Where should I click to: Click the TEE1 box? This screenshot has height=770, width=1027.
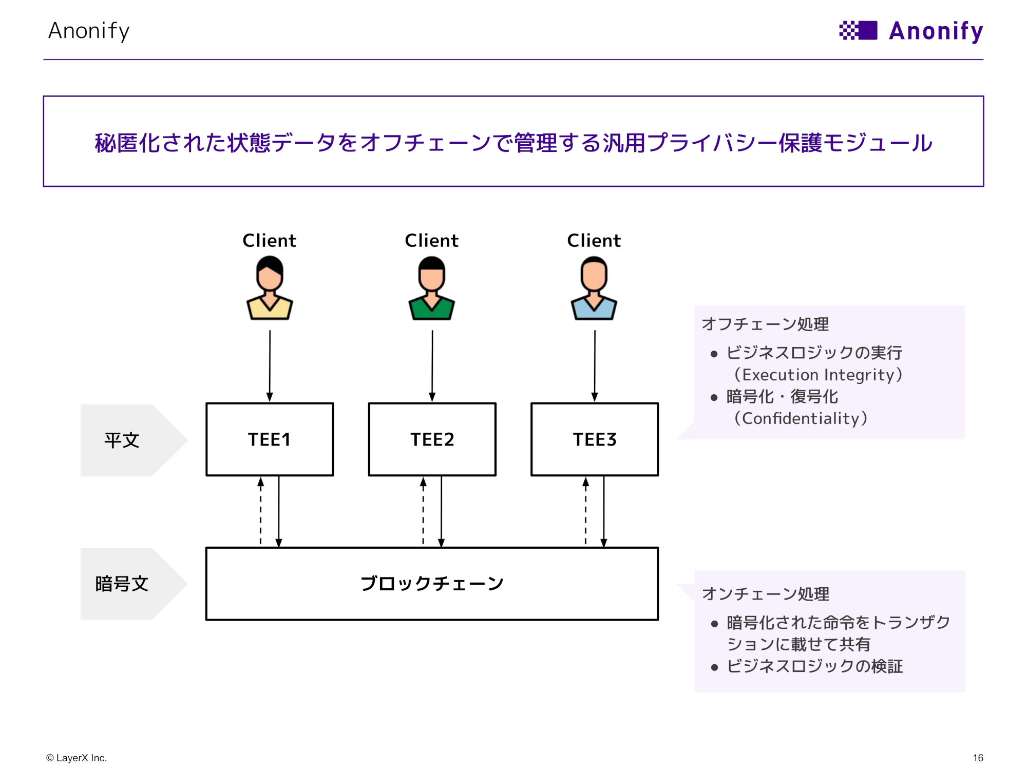coord(270,439)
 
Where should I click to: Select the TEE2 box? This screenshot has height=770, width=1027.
coord(432,439)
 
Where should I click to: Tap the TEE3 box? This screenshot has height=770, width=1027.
coord(595,439)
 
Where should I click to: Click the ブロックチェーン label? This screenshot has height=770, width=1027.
coord(432,584)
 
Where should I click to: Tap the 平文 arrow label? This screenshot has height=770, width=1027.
coord(122,440)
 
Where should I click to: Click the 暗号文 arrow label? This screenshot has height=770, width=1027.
coord(122,584)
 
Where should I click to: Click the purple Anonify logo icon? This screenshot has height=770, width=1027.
coord(858,30)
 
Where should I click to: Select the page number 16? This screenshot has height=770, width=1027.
coord(978,758)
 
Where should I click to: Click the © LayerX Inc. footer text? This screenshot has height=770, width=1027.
coord(77,758)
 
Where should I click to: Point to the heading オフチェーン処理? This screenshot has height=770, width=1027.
coord(765,324)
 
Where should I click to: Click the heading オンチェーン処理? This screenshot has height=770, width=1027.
coord(765,594)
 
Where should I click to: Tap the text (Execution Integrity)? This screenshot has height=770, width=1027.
coord(818,375)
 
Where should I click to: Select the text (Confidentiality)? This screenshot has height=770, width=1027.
coord(801,418)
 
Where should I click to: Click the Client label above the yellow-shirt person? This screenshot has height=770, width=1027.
coord(269,240)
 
